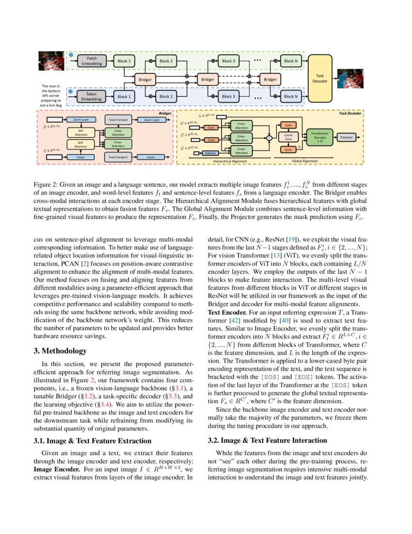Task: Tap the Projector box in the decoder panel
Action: pos(347,137)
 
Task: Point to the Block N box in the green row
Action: pos(291,61)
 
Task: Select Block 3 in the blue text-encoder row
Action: pos(228,96)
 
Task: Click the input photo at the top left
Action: pos(51,62)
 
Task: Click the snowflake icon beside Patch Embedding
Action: pos(70,55)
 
